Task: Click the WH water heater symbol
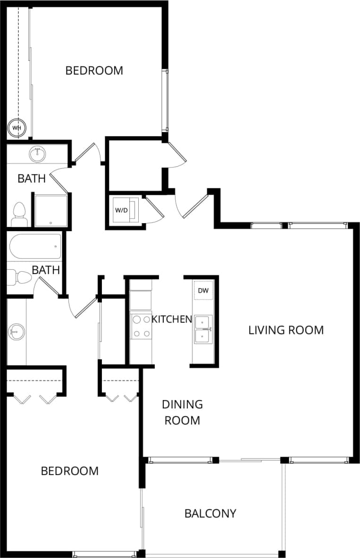(17, 128)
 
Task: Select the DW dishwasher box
(203, 291)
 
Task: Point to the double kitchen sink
(203, 329)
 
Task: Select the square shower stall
(50, 210)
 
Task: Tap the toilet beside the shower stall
(19, 215)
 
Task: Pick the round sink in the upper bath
(37, 153)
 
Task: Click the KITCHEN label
(171, 319)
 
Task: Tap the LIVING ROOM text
(286, 330)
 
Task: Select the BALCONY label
(210, 513)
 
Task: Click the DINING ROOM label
(182, 412)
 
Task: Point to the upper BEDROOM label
(94, 71)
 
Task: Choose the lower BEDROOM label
(70, 471)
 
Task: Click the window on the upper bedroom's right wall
(165, 100)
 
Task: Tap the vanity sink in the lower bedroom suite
(15, 332)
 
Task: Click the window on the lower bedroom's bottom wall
(104, 554)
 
